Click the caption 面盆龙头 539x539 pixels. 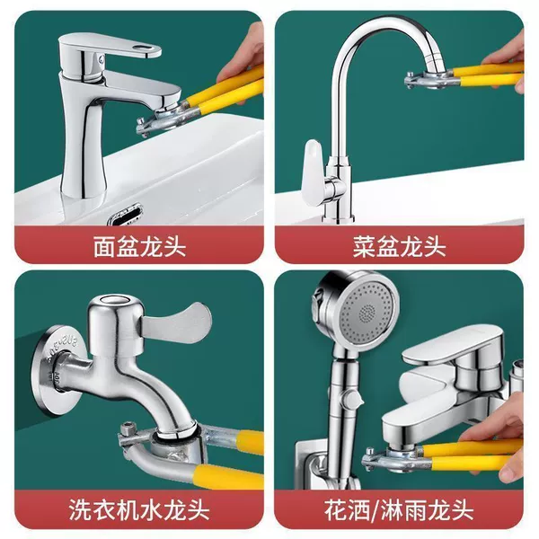click(139, 246)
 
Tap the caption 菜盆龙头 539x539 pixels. click(400, 246)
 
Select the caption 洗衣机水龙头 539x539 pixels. click(139, 509)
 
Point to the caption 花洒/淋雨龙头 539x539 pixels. click(399, 509)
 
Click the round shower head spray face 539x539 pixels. click(368, 312)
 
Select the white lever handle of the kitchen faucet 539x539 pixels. click(312, 172)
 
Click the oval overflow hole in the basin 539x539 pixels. click(125, 215)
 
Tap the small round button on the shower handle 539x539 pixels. click(352, 399)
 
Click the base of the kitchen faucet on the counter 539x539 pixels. click(339, 217)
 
